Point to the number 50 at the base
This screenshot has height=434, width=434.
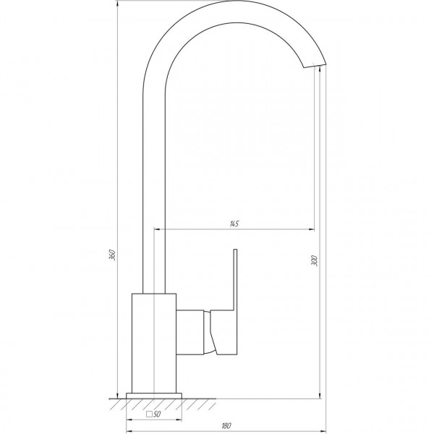pos(156,414)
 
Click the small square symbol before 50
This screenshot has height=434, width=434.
pos(148,414)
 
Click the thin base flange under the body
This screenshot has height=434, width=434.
pos(153,394)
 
